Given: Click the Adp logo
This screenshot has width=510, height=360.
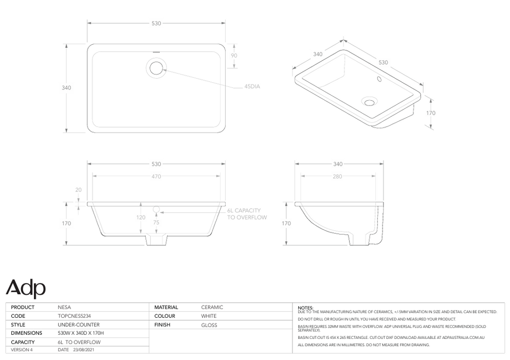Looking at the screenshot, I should coord(26,289).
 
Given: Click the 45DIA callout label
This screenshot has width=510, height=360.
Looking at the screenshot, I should coord(252,87).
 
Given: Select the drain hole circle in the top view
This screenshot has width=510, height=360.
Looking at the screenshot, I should coord(156,67).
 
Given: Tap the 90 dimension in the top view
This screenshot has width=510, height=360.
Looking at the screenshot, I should coord(234,56).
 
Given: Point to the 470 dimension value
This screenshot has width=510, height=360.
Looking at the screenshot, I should coord(156,176).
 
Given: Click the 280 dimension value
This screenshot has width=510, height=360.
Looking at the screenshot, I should coord(337,176).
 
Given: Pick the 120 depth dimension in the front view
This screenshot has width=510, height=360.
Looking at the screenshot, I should coord(141,218).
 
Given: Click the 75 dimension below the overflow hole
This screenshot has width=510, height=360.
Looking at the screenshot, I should coord(157,223).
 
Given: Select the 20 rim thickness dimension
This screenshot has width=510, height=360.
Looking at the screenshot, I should coord(79,190).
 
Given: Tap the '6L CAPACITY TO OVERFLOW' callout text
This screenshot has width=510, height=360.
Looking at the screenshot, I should coord(247,214).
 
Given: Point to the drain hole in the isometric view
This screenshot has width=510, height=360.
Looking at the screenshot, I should coord(369,101).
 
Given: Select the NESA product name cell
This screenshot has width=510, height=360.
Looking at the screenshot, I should coord(65,308).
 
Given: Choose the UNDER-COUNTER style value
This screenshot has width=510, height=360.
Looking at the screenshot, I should coord(79,325).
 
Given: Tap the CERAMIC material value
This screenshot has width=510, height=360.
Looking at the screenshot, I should coord(212,308).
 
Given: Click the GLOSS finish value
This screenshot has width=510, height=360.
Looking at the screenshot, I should coord(209,325).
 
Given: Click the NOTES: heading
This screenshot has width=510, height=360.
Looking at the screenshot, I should coord(305,308).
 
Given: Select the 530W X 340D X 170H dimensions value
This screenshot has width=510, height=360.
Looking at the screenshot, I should coord(81,333).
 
